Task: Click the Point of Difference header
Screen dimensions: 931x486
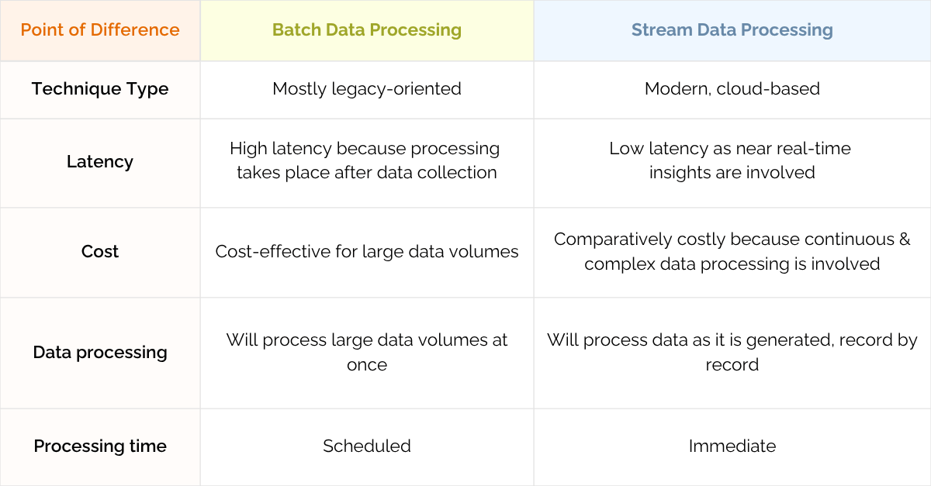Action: click(100, 30)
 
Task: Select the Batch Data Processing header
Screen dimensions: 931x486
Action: click(366, 30)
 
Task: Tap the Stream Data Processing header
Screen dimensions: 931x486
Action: click(732, 30)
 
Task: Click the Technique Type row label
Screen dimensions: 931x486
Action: click(100, 89)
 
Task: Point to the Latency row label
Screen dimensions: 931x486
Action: click(100, 161)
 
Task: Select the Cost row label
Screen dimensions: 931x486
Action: click(100, 251)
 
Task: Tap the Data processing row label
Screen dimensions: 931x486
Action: click(100, 352)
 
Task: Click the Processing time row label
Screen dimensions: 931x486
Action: click(100, 446)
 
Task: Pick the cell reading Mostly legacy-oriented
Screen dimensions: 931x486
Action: click(366, 89)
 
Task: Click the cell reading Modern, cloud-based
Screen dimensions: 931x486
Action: click(732, 89)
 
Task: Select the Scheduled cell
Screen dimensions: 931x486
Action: click(366, 446)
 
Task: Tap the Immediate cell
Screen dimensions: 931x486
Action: click(732, 446)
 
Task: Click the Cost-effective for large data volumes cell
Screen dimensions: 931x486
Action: click(366, 251)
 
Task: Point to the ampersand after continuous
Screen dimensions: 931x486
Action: click(905, 240)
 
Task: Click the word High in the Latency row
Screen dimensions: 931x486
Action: click(248, 149)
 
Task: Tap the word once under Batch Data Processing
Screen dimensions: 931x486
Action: click(366, 365)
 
